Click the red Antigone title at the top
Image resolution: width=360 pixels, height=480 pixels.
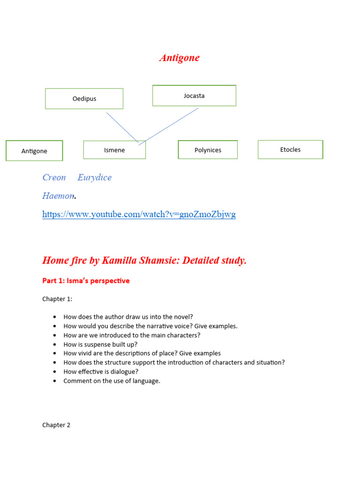[x=179, y=58]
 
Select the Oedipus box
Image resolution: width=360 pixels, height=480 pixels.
[x=84, y=98]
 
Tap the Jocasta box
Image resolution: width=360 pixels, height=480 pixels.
[x=194, y=96]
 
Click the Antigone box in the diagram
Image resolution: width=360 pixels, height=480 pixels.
[x=34, y=151]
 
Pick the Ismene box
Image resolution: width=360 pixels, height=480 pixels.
[x=114, y=150]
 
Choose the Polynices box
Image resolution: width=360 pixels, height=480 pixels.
[x=208, y=150]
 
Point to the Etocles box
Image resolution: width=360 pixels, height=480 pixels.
[x=290, y=150]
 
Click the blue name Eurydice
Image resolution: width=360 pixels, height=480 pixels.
[x=94, y=177]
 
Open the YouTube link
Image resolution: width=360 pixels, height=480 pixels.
[x=139, y=214]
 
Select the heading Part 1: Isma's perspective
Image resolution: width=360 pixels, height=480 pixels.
[x=86, y=281]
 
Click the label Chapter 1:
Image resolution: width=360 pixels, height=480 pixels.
[x=57, y=299]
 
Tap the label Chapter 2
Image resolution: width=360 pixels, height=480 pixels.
[x=56, y=425]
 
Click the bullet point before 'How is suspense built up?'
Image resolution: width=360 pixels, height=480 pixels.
[x=55, y=345]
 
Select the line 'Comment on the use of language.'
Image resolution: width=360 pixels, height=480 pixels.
[x=112, y=381]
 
